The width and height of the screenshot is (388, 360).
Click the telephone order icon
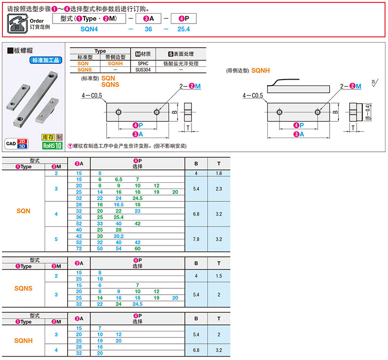[17, 23]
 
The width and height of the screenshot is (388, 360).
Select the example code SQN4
[89, 29]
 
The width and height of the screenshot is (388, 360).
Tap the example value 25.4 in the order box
[184, 29]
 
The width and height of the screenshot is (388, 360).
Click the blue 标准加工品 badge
[46, 60]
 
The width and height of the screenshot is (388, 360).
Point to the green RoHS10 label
[52, 145]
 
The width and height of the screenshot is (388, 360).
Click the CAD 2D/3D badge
[17, 143]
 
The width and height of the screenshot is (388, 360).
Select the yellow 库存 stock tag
[48, 138]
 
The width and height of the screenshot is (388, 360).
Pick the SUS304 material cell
[143, 70]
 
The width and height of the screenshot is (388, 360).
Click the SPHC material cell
[143, 63]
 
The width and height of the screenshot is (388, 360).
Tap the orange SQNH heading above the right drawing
[261, 71]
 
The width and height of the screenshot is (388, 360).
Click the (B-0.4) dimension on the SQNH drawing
[368, 112]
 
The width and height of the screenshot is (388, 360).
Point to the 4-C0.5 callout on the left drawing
[92, 95]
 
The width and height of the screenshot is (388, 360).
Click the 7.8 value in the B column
[196, 239]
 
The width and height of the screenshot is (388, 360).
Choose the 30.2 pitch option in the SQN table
[118, 236]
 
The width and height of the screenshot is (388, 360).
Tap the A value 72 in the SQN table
[79, 249]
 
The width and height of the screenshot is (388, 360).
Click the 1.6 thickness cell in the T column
[219, 173]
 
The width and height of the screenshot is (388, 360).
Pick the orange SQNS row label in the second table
[23, 288]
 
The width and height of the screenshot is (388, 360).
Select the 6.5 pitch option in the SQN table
[118, 179]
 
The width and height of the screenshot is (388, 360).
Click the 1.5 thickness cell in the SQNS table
[219, 276]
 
